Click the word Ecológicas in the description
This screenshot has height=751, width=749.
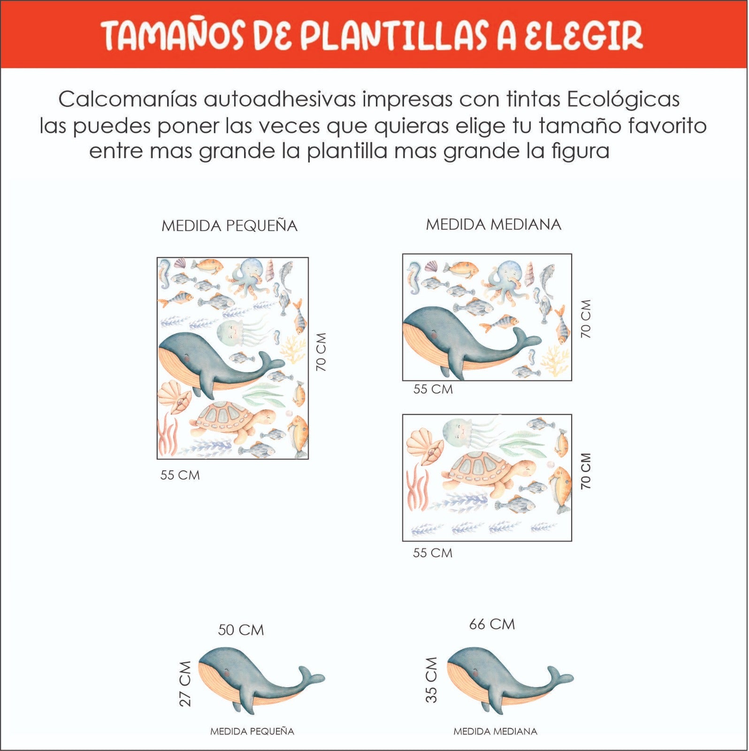pos(623,100)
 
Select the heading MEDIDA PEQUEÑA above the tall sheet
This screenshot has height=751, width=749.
pos(229,226)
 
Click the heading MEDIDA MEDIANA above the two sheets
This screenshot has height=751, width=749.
pos(493,225)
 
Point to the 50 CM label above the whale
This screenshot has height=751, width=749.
pos(241,630)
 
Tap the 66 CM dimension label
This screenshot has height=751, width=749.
pos(492,624)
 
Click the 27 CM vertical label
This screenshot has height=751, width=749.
pos(186,683)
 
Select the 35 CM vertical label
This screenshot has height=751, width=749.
pos(431,680)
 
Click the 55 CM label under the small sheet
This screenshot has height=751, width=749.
pos(180,475)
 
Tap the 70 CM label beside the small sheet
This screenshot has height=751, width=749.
pos(321,352)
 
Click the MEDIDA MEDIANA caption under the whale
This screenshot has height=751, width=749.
pos(495,731)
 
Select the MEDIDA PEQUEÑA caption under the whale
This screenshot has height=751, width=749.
pos(252,731)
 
